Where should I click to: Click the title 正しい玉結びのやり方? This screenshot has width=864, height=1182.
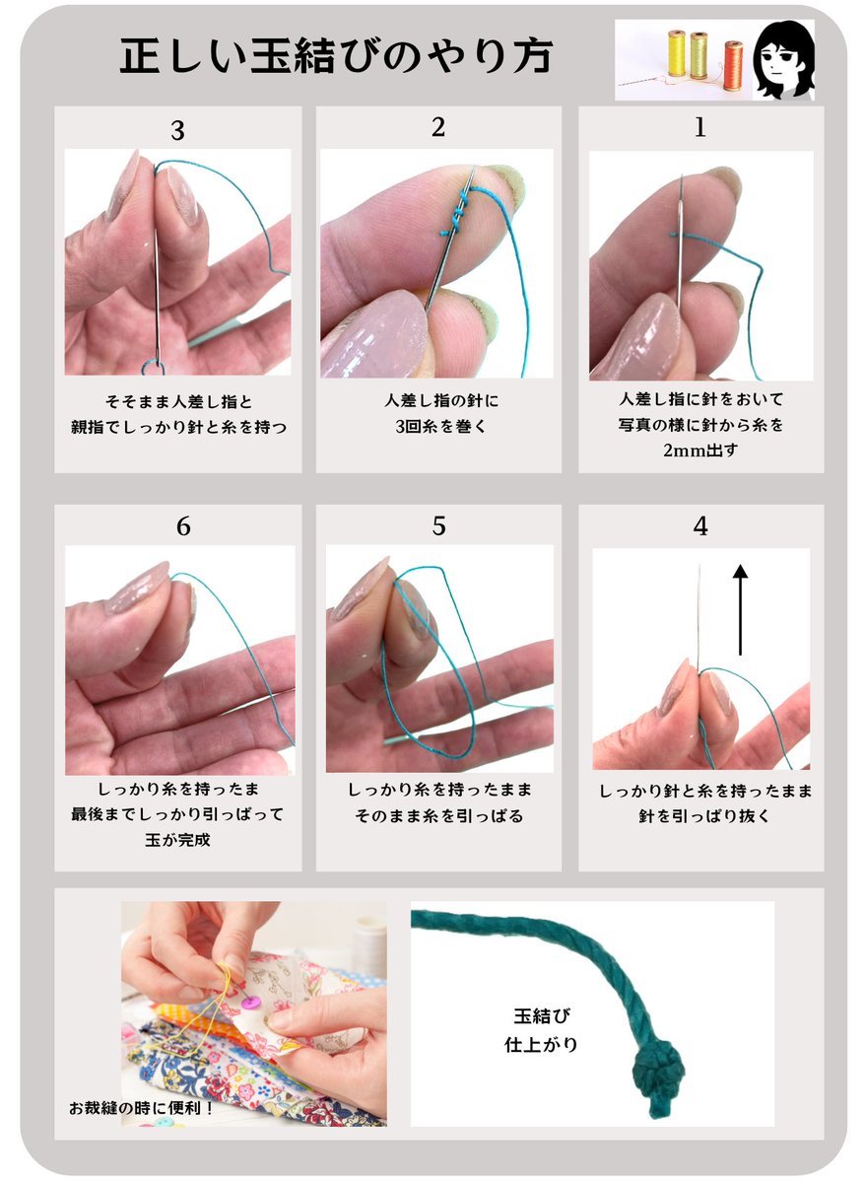click(x=336, y=56)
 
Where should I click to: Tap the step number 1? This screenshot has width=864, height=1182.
click(x=699, y=127)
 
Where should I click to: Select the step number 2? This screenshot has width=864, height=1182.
click(x=437, y=127)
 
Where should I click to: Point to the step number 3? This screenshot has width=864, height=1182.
click(x=177, y=130)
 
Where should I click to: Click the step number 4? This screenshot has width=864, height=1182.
click(x=700, y=525)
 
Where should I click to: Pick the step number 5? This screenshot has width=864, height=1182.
click(x=438, y=525)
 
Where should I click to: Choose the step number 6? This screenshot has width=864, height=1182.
click(x=183, y=525)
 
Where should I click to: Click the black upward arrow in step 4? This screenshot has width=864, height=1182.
click(x=741, y=610)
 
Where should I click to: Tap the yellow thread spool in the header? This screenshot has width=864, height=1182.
click(x=677, y=53)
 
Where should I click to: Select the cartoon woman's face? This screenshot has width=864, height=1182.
click(x=785, y=60)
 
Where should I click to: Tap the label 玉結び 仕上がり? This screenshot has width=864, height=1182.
click(x=541, y=1030)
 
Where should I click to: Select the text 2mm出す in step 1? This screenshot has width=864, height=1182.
click(x=700, y=451)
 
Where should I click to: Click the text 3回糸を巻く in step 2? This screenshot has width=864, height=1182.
click(x=440, y=426)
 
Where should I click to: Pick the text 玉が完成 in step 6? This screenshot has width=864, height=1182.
click(x=177, y=840)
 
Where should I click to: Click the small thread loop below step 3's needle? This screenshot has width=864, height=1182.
click(x=154, y=368)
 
